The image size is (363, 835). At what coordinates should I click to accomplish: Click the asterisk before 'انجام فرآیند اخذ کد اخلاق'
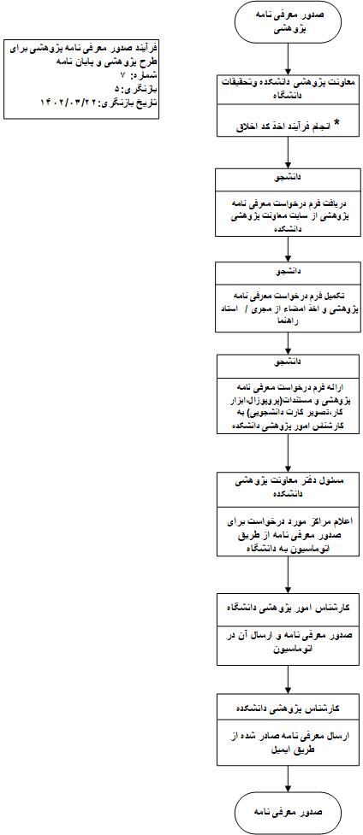(336, 125)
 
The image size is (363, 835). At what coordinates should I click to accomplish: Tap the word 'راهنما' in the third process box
(287, 320)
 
